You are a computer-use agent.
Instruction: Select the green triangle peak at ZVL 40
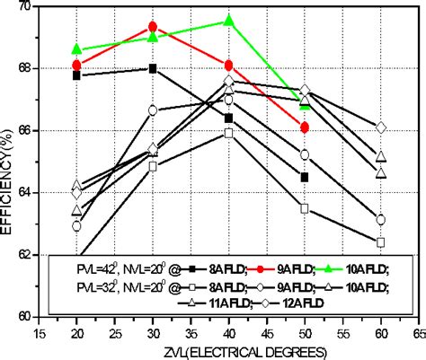(229, 20)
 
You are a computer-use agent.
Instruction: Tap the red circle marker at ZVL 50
(306, 127)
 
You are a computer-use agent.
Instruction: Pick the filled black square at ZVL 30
(153, 68)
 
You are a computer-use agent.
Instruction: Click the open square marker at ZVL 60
(381, 242)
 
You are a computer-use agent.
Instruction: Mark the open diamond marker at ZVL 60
(381, 128)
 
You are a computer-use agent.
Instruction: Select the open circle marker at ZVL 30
(153, 110)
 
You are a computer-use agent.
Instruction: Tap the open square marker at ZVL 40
(229, 133)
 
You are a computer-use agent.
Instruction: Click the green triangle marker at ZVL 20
(77, 48)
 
